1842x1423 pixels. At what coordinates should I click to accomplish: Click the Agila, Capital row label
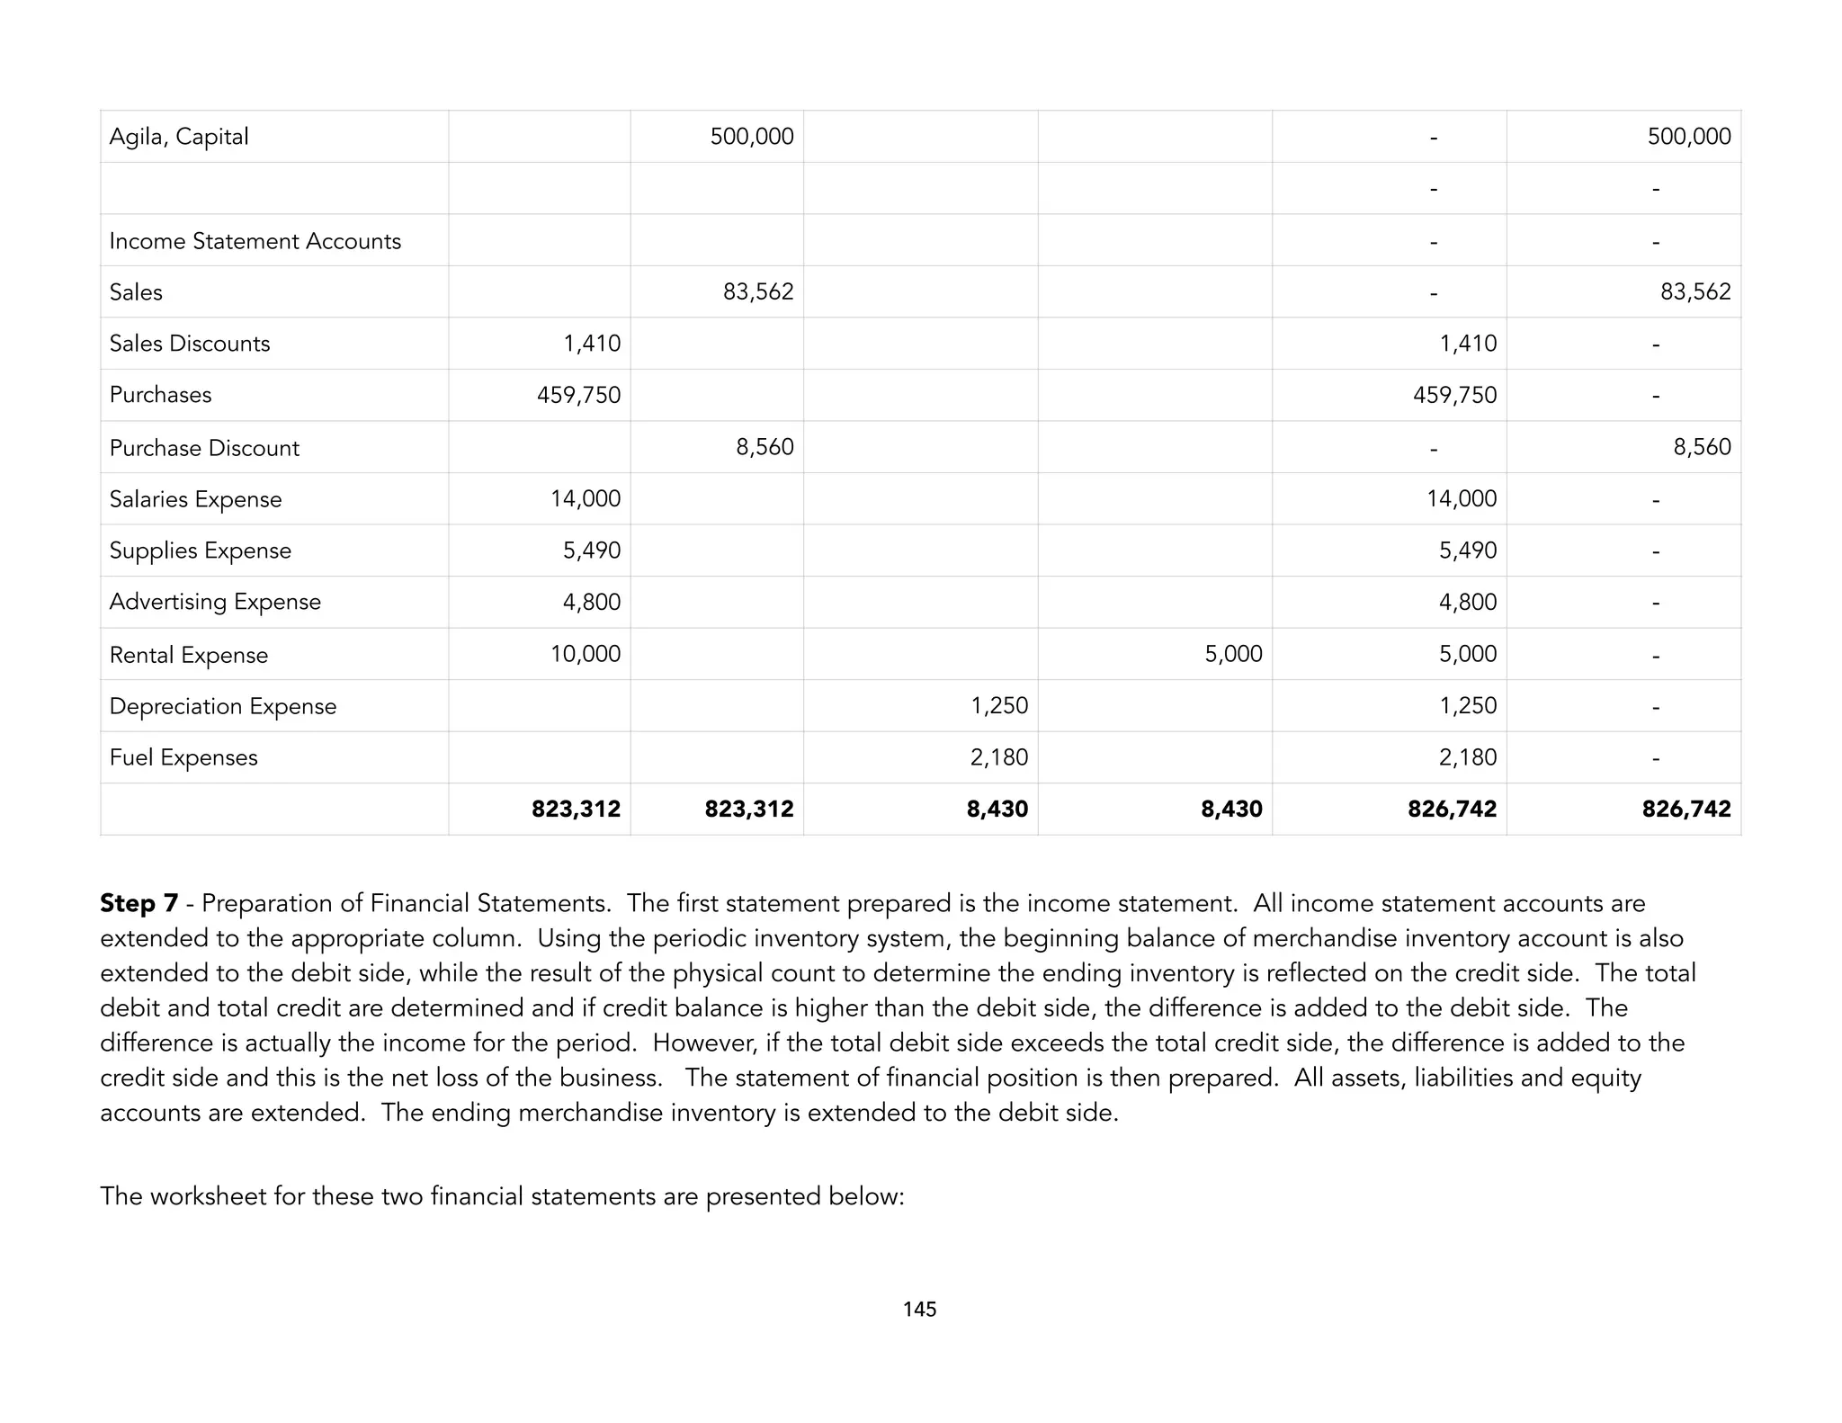pos(179,137)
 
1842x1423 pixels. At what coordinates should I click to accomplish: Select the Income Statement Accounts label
pos(255,241)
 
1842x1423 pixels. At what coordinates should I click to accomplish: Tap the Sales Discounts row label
pos(189,344)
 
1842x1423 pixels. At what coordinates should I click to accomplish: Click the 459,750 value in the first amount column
pos(578,395)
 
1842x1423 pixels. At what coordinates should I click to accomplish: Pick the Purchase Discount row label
pos(204,448)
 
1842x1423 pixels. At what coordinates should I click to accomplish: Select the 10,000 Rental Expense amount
pos(586,654)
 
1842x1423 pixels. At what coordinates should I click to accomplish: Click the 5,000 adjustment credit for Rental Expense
pos(1233,654)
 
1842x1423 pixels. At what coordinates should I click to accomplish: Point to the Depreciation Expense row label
pos(222,706)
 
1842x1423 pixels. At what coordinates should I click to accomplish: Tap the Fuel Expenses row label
pos(183,757)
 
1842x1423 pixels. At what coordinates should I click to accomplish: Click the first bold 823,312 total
pos(576,809)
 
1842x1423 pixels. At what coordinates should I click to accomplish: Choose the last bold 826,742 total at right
pos(1686,809)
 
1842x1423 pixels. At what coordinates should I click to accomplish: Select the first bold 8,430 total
pos(997,809)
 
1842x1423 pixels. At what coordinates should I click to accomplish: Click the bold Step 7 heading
pos(139,903)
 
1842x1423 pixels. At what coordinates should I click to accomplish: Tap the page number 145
pos(919,1310)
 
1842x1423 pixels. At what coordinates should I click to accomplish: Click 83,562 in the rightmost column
pos(1694,291)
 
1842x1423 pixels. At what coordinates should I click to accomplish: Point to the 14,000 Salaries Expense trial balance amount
pos(586,498)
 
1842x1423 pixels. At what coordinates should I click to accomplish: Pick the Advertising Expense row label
pos(215,602)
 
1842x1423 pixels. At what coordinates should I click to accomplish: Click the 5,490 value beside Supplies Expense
pos(591,550)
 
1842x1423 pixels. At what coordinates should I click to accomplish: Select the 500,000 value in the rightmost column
pos(1688,137)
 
